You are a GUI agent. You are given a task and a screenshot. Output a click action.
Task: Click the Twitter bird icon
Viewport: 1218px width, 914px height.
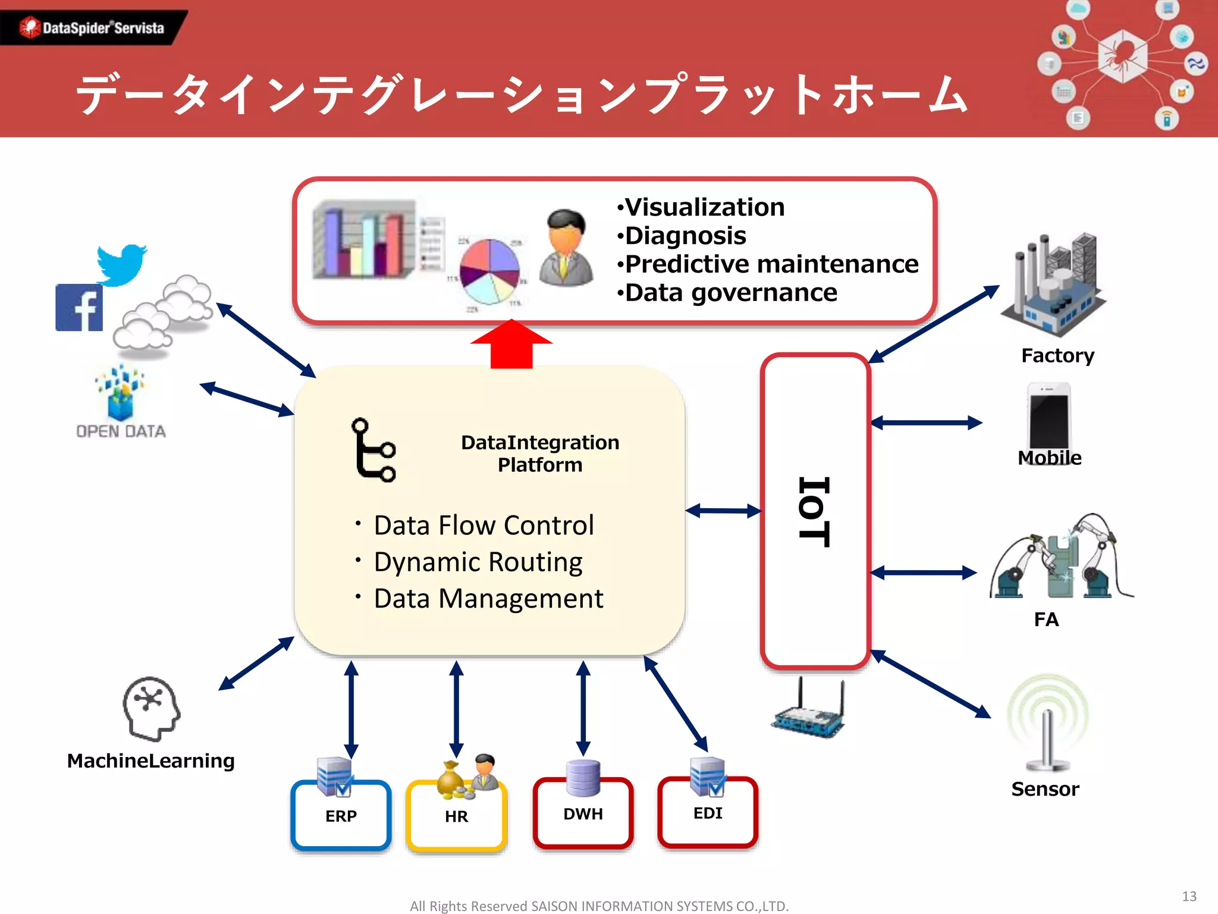(x=121, y=264)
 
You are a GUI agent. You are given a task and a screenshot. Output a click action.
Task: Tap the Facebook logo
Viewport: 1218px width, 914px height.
(x=79, y=308)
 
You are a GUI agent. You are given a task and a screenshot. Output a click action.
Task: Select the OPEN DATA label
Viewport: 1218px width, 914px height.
(x=121, y=431)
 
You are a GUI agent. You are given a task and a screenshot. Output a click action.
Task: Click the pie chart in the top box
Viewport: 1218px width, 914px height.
(x=489, y=271)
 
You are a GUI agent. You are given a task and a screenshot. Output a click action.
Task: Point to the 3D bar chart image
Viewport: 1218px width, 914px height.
(x=364, y=240)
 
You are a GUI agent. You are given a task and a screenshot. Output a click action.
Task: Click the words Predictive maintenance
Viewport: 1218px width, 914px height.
(x=771, y=264)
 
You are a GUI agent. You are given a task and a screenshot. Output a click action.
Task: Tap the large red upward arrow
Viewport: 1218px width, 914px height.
(x=511, y=345)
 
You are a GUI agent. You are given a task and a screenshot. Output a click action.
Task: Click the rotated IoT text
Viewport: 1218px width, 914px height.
(x=814, y=511)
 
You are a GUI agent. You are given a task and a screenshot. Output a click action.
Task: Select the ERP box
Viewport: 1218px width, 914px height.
(x=341, y=815)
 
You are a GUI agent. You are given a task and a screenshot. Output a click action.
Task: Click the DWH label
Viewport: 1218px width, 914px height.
(x=583, y=813)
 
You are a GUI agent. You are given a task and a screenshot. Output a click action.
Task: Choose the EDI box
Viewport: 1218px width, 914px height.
(x=708, y=813)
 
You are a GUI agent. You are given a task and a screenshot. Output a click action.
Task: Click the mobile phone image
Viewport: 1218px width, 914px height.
(x=1049, y=417)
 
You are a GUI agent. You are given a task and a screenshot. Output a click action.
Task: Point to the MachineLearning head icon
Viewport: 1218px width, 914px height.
(x=152, y=708)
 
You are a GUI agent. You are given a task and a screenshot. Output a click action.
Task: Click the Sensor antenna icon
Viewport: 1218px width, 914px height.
(x=1047, y=723)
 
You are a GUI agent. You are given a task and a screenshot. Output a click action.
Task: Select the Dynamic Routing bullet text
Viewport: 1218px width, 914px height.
(x=478, y=562)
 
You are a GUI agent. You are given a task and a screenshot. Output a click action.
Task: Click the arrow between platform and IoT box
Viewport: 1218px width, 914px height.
(x=723, y=511)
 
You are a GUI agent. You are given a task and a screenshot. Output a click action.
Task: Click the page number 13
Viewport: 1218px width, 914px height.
(x=1189, y=896)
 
